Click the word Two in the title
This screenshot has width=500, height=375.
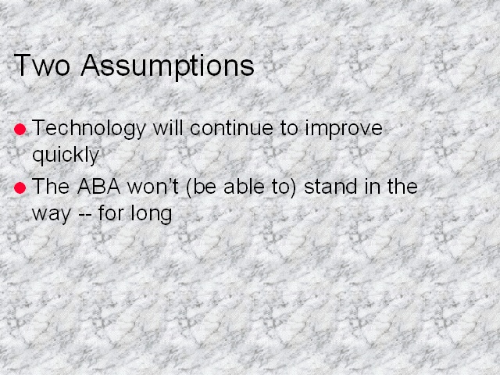(41, 65)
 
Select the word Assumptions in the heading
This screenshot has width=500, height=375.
(167, 67)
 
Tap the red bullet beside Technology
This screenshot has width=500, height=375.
(20, 129)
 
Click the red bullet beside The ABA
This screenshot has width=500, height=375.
(20, 187)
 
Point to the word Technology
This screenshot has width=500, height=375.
(89, 129)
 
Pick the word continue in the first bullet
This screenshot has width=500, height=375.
(231, 128)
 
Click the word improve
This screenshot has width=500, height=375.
(344, 129)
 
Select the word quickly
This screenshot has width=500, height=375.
(66, 155)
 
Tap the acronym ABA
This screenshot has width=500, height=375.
(99, 187)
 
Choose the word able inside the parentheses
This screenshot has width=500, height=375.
(244, 187)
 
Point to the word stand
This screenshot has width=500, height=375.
(330, 187)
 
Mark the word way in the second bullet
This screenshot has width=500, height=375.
(52, 214)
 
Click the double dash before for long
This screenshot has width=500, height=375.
(85, 214)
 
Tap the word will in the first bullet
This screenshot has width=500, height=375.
(168, 128)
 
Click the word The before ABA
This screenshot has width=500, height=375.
(51, 187)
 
